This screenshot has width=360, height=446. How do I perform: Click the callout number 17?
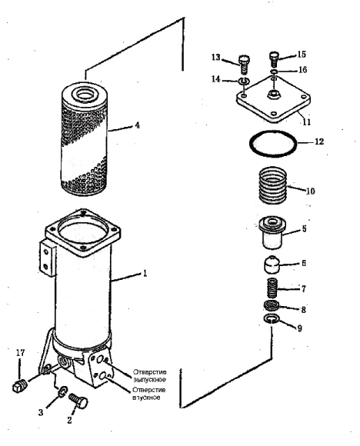[x=20, y=353]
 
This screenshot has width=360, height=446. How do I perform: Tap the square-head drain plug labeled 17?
[x=20, y=386]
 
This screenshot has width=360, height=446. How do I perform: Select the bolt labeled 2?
[x=78, y=401]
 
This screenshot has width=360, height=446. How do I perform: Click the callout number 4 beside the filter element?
[x=138, y=125]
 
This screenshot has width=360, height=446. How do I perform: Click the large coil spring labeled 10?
[x=272, y=185]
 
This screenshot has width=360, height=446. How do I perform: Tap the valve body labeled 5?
[x=272, y=231]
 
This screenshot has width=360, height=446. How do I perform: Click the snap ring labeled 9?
[x=272, y=319]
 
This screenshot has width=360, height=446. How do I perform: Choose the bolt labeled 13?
[x=243, y=65]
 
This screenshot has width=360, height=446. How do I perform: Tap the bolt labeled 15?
[x=274, y=59]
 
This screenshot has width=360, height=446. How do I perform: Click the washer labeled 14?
[x=244, y=81]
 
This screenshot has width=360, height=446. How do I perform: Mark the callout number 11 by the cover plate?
[x=306, y=122]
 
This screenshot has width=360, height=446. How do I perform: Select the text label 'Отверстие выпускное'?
[x=150, y=376]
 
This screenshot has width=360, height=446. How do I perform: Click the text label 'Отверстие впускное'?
[x=148, y=394]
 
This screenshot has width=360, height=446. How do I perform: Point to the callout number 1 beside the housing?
[x=145, y=274]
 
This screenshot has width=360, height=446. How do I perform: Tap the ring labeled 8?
[x=272, y=306]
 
